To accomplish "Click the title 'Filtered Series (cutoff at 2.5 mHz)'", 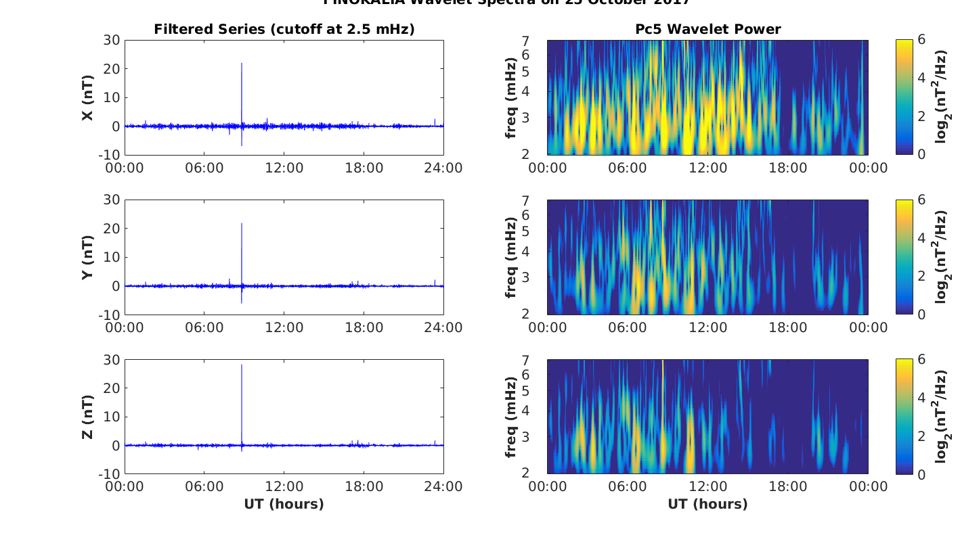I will pos(284,29).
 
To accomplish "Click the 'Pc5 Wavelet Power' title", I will pos(707,29).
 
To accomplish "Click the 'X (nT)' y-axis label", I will pos(87,98).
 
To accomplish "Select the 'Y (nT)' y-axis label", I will pos(87,258).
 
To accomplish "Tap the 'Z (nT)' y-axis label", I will pos(87,417).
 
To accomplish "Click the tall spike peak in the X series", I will pos(242,64).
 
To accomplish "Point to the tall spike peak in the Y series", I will pos(242,223).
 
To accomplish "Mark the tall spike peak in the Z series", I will pos(242,365).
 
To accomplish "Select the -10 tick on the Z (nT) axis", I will pos(109,474).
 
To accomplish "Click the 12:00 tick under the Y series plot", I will pos(284,327).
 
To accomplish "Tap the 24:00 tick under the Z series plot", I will pos(443,487).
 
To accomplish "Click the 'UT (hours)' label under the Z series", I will pos(284,504).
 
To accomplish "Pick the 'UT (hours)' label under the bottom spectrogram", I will pos(707,504).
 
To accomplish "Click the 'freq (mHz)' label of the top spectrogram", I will pos(511,98).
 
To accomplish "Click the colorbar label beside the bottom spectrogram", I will pos(942,417).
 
